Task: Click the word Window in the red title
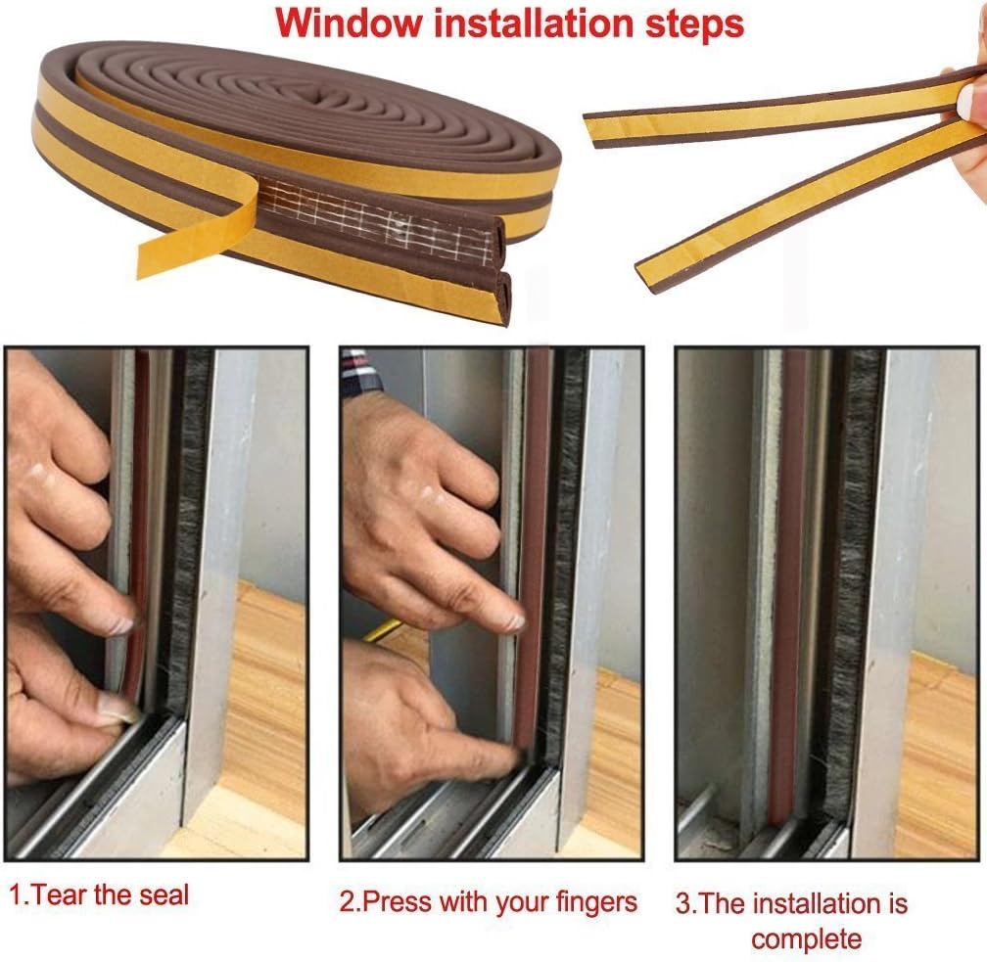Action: (350, 23)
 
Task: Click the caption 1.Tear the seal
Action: (99, 894)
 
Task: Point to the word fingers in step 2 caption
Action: (596, 903)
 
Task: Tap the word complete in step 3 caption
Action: (806, 939)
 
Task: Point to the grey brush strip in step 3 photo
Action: (856, 585)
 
